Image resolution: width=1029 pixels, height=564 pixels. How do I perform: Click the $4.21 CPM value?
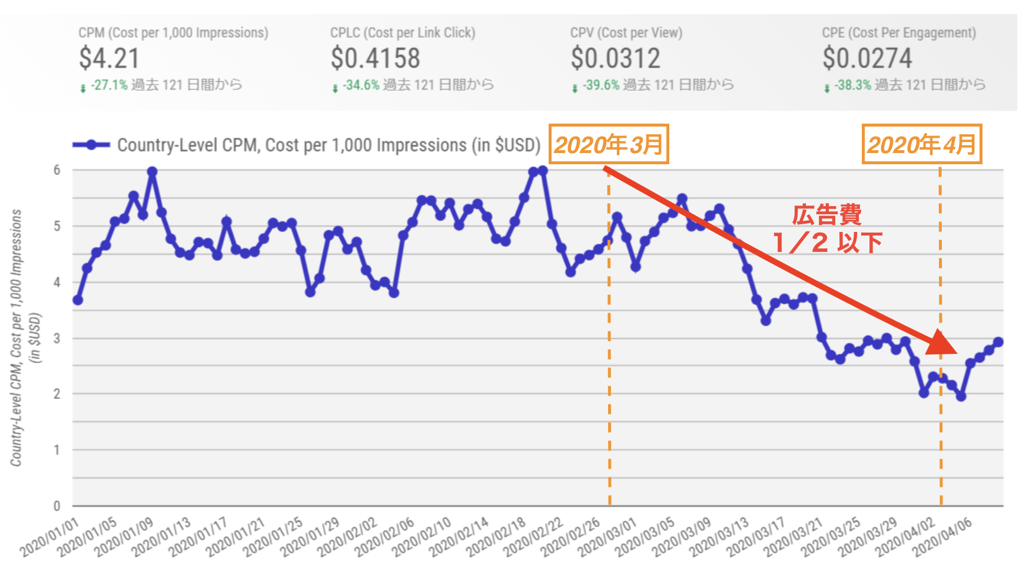click(109, 58)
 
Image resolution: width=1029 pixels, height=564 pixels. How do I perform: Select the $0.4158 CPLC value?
click(375, 58)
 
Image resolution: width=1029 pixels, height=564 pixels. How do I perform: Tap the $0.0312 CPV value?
click(615, 58)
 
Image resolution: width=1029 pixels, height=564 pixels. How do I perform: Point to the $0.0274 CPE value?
click(867, 58)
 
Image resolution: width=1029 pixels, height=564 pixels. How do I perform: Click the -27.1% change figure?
click(109, 85)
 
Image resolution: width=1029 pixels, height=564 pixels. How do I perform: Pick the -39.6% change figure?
click(601, 85)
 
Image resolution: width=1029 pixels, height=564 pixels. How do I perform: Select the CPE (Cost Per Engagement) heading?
click(898, 33)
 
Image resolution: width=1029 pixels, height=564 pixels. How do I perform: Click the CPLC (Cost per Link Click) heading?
click(403, 33)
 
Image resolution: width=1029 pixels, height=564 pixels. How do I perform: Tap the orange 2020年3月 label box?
click(609, 144)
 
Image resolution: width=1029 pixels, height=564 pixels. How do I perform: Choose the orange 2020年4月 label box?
click(922, 144)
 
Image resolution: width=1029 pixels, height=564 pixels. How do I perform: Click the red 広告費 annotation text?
click(826, 215)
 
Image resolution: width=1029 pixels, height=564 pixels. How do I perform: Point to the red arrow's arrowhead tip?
click(955, 351)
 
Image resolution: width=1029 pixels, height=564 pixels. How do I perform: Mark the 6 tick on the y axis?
click(57, 170)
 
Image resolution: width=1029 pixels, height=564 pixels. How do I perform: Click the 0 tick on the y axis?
click(57, 506)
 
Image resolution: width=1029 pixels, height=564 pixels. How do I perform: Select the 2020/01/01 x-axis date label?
click(50, 538)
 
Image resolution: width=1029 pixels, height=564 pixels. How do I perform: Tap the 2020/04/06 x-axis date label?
click(943, 538)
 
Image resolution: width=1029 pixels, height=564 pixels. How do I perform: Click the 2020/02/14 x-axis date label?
click(459, 538)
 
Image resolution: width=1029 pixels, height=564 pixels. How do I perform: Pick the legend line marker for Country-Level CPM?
click(91, 145)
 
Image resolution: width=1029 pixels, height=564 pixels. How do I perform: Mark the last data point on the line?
click(998, 342)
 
